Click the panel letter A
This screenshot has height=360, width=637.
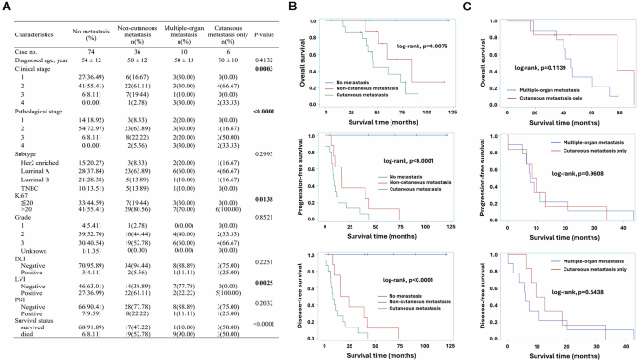(x=7, y=7)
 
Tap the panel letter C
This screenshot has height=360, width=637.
(x=489, y=7)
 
